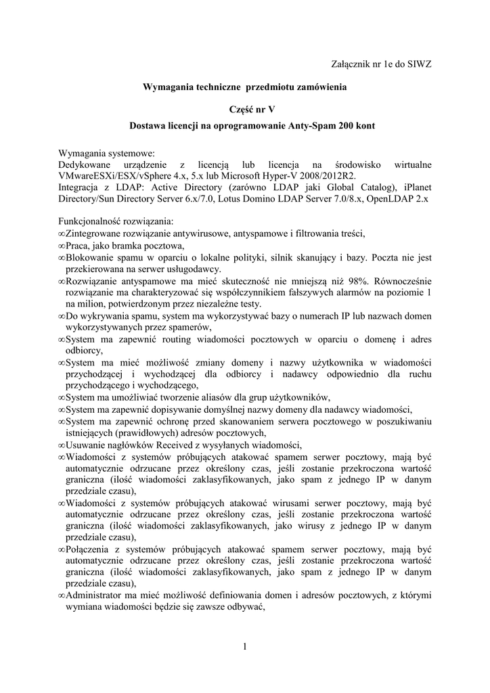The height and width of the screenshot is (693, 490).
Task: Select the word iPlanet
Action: [413, 187]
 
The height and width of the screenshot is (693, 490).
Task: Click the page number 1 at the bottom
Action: [245, 647]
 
